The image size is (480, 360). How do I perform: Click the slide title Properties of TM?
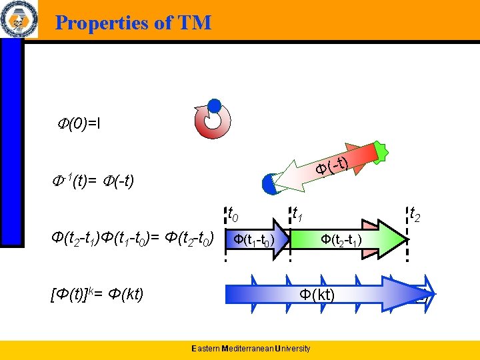point(133,23)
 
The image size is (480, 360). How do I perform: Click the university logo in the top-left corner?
point(19,20)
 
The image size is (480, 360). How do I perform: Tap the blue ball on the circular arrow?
point(214,105)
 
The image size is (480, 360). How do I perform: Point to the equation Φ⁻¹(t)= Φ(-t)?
point(93,181)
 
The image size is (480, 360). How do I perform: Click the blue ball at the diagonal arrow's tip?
point(270,184)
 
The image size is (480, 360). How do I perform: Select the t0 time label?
point(233,215)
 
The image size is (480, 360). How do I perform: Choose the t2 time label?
point(414,215)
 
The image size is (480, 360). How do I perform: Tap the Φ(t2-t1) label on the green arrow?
point(341,239)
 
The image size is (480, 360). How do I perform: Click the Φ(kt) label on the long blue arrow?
point(317,294)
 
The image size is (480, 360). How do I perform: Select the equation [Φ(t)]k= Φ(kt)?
point(97,293)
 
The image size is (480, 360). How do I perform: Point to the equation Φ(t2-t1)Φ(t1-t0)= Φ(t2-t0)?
point(133,238)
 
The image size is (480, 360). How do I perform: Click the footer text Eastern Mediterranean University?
point(250,349)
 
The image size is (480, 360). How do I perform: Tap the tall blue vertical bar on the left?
point(11,140)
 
